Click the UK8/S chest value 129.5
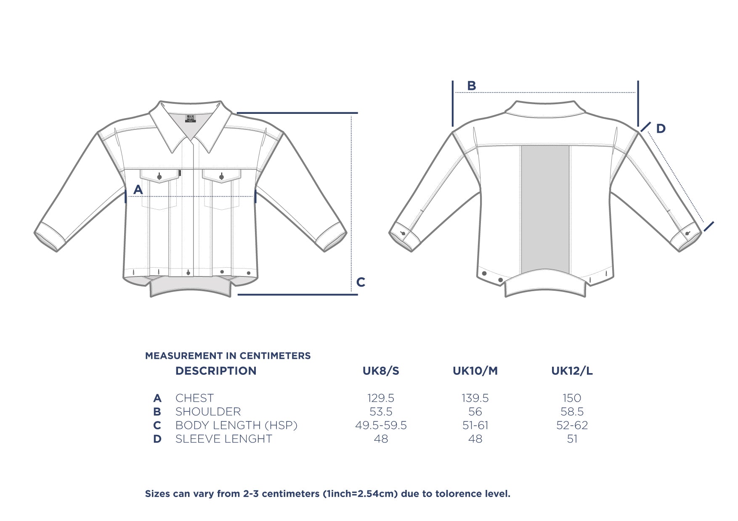coord(381,398)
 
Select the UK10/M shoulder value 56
coord(475,411)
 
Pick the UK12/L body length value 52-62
coord(572,425)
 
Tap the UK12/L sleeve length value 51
coord(572,439)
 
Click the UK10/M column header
coord(475,371)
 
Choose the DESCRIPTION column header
coord(216,371)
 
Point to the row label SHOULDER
coord(208,411)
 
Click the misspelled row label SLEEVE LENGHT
coord(224,439)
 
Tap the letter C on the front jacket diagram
coord(361,282)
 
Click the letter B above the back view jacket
coord(472,86)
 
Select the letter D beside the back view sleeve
coord(661,129)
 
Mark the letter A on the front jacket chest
coord(138,190)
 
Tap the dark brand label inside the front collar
coord(191,118)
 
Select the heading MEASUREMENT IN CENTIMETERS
coord(228,356)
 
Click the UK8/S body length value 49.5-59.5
coord(381,425)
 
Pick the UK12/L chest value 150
coord(572,398)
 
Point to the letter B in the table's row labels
coord(157,412)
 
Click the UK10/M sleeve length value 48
coord(475,439)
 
